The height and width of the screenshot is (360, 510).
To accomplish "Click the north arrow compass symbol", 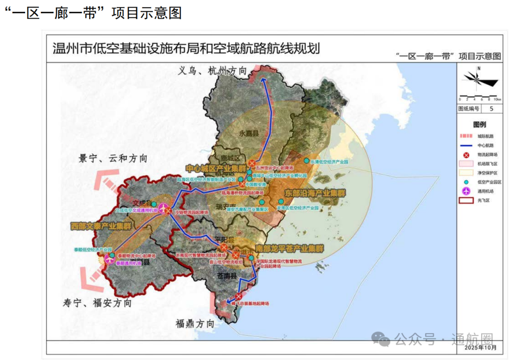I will pyautogui.click(x=479, y=80).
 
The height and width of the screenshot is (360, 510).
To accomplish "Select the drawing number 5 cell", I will pyautogui.click(x=492, y=109).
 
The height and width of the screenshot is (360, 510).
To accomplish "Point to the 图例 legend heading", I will pyautogui.click(x=479, y=125).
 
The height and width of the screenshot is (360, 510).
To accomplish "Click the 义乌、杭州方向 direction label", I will pyautogui.click(x=213, y=71).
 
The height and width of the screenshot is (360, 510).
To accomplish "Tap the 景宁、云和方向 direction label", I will pyautogui.click(x=113, y=159).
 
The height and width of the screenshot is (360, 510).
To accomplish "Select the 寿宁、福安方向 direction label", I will pyautogui.click(x=97, y=303).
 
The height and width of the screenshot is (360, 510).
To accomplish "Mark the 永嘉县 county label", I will pyautogui.click(x=249, y=134).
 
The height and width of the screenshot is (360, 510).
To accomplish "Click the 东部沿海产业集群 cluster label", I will pyautogui.click(x=315, y=193).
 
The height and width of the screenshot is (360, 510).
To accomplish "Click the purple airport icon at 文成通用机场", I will pyautogui.click(x=163, y=208).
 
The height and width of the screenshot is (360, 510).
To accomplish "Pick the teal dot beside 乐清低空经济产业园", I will pyautogui.click(x=306, y=161).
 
